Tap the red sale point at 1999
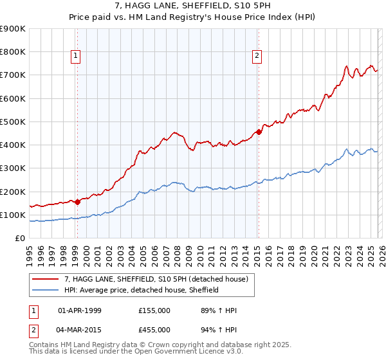(77, 201)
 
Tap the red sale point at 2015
(259, 132)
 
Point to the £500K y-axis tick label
(13, 122)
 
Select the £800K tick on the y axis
(13, 52)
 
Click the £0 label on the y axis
(19, 238)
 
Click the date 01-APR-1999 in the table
(80, 310)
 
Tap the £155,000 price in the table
(154, 310)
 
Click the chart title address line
(193, 6)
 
